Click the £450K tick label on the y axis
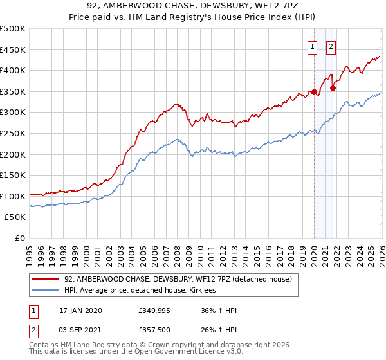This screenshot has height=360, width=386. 13,50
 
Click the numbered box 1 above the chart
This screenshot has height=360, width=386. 313,46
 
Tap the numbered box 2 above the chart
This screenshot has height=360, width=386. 331,46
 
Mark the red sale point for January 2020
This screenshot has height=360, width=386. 314,92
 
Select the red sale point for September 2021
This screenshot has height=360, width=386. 333,89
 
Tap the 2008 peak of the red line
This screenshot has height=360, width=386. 176,104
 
